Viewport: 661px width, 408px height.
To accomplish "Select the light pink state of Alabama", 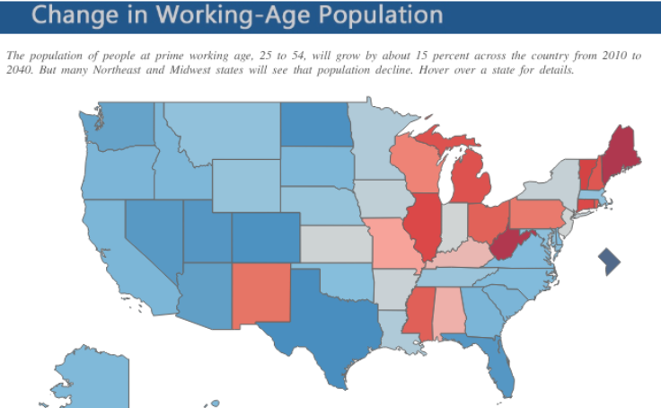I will [x=446, y=310].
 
